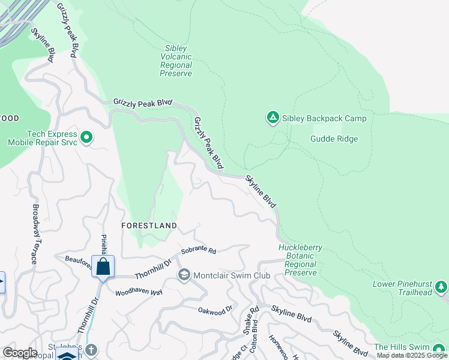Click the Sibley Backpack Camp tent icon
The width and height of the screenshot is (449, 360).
tap(273, 118)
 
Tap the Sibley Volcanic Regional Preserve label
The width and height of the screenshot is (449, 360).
tap(176, 61)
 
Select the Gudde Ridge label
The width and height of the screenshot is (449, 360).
tap(334, 139)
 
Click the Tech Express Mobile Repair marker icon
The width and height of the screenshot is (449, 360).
tap(86, 138)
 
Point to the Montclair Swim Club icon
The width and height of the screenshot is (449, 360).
tap(184, 275)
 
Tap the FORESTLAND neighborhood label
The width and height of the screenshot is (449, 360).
tap(149, 226)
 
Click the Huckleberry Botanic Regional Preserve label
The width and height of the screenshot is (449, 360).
tap(300, 260)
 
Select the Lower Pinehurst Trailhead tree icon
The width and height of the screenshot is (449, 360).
tap(442, 287)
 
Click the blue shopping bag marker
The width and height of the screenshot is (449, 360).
tap(103, 266)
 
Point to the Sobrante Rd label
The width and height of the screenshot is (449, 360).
tap(198, 250)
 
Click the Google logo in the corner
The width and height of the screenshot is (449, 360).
tap(20, 353)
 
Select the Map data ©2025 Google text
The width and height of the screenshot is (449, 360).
tap(412, 355)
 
